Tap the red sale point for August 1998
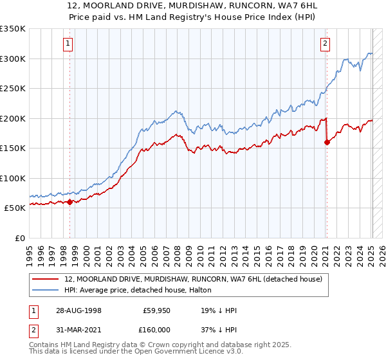[70, 202]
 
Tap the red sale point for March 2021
[327, 142]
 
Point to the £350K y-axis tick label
[13, 29]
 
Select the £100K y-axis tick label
[13, 178]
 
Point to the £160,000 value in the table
[155, 328]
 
